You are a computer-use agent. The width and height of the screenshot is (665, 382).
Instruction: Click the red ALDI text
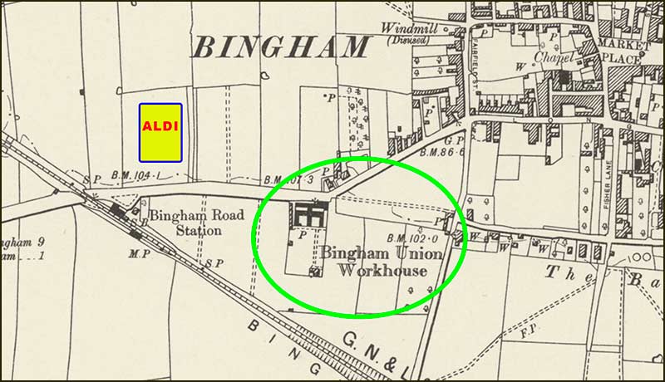(x=160, y=126)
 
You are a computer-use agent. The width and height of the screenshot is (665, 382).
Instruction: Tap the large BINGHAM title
(x=280, y=47)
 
